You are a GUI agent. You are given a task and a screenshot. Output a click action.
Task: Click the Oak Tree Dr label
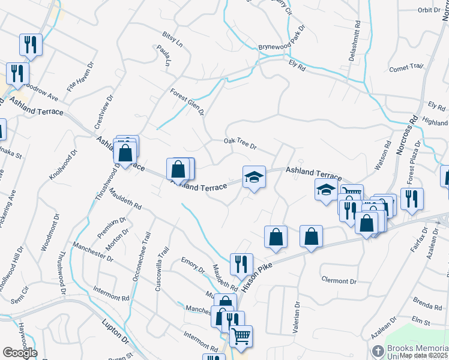pyautogui.click(x=240, y=144)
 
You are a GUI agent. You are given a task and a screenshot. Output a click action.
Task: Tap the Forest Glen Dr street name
pyautogui.click(x=187, y=103)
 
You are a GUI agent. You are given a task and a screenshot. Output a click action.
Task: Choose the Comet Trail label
pyautogui.click(x=406, y=68)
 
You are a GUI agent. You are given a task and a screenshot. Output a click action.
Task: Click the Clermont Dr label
pyautogui.click(x=339, y=280)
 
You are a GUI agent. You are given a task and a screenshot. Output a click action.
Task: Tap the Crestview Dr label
pyautogui.click(x=102, y=110)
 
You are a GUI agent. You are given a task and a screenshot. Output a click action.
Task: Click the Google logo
pyautogui.click(x=20, y=353)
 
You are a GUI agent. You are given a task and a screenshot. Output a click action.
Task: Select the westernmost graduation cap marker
pyautogui.click(x=253, y=177)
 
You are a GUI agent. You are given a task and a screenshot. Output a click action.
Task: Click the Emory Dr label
pyautogui.click(x=193, y=265)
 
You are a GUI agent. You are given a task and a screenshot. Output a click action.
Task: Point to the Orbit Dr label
pyautogui.click(x=429, y=10)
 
